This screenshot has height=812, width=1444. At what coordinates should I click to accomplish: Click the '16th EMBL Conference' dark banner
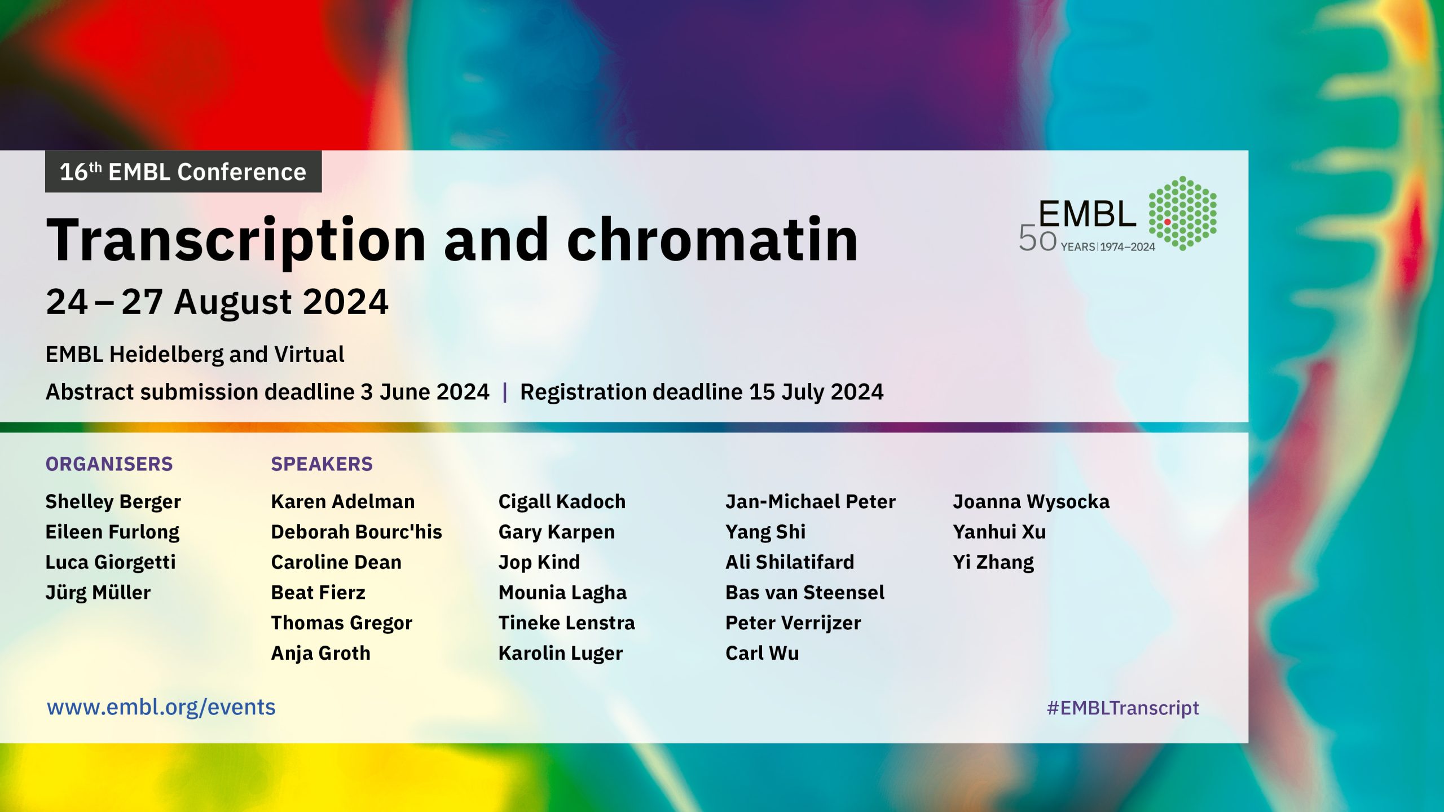[183, 171]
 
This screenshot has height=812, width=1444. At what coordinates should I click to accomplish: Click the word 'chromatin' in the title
[712, 240]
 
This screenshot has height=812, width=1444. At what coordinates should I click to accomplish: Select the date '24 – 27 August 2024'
[217, 302]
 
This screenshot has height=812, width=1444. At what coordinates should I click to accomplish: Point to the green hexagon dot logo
[1183, 213]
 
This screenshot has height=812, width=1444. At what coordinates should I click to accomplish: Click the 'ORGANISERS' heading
[109, 464]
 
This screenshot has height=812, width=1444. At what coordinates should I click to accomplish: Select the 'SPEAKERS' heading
[322, 464]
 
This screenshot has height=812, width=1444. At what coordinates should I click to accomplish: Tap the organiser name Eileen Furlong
[112, 532]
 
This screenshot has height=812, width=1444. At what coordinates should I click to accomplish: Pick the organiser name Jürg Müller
[98, 593]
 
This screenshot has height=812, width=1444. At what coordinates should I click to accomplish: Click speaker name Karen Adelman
[343, 501]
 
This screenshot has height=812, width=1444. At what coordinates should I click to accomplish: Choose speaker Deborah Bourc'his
[356, 532]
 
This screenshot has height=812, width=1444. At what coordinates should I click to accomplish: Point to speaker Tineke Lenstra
[567, 623]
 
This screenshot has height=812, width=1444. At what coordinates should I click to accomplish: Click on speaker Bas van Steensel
[805, 593]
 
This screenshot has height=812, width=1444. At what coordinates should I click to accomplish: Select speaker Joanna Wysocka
[1031, 502]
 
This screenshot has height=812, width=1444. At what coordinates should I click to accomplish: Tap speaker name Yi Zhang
[993, 563]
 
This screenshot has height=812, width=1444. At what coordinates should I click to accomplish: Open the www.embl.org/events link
[161, 708]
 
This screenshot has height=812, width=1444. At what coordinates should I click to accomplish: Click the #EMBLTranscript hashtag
[1122, 708]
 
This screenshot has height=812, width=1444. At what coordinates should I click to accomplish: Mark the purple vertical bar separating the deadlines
[505, 392]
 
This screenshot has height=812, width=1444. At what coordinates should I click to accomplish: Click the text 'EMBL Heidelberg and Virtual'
[195, 355]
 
